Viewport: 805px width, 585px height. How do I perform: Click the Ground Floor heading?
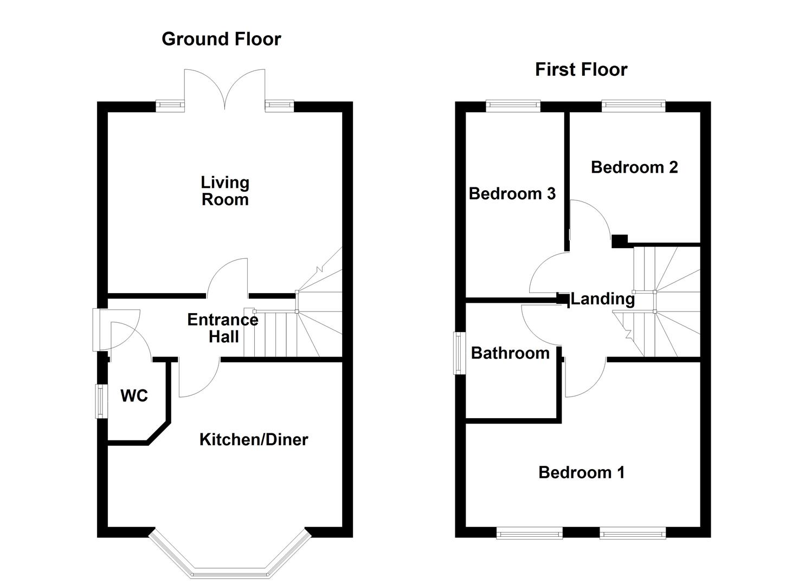(221, 39)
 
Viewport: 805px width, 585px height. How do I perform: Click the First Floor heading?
(581, 69)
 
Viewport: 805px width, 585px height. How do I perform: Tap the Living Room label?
(225, 191)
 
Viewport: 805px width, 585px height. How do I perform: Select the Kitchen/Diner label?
(253, 439)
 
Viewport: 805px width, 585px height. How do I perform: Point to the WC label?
(134, 396)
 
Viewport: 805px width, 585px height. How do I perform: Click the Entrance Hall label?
(223, 328)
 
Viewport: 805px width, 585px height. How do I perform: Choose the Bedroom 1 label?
(581, 472)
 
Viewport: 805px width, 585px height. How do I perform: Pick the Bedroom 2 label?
(634, 167)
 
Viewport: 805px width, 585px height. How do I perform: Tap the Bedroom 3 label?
(512, 193)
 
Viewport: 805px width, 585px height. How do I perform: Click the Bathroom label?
(510, 353)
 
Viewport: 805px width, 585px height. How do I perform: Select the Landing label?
(602, 298)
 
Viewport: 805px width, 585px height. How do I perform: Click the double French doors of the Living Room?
(224, 89)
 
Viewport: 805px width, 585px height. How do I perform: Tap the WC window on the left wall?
(101, 401)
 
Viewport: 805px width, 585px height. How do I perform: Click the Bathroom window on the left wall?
(460, 353)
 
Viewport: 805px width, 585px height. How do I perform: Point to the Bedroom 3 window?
(513, 106)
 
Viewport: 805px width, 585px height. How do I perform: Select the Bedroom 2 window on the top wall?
(633, 106)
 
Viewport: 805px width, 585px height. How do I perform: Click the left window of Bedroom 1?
(529, 534)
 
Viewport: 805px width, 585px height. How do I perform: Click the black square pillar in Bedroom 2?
(619, 240)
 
